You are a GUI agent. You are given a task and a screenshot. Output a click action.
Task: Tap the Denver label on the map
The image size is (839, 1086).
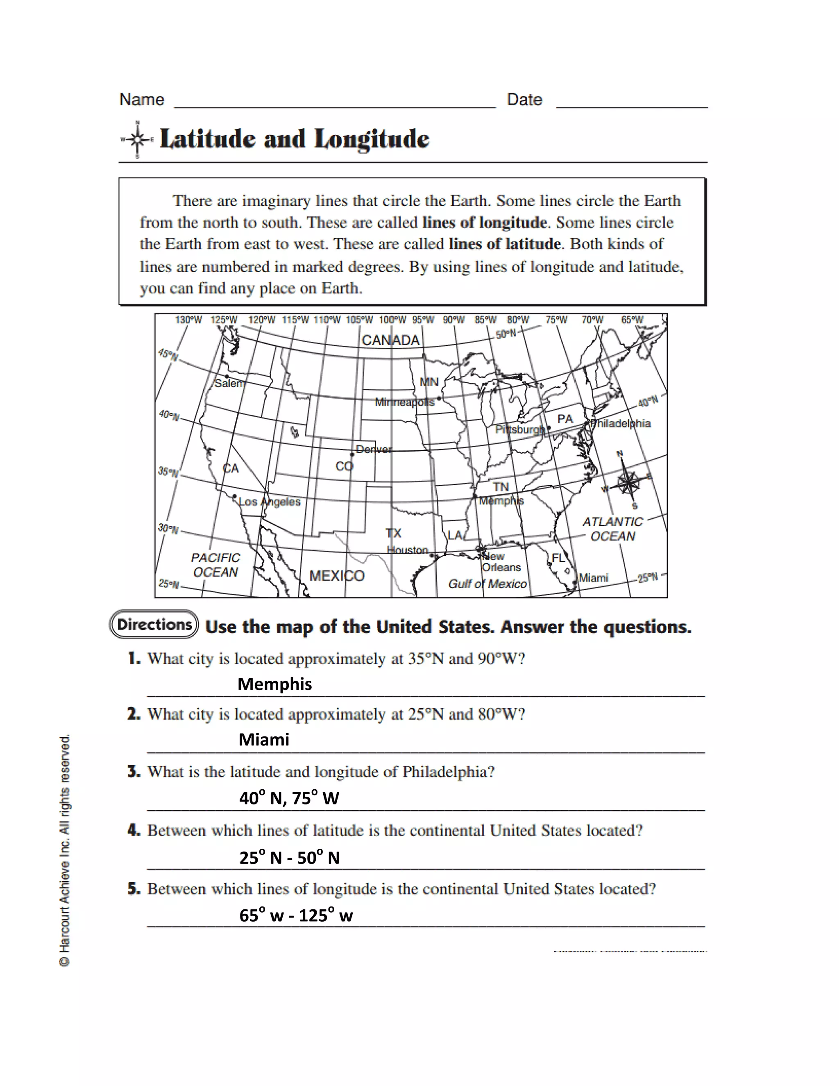pyautogui.click(x=373, y=449)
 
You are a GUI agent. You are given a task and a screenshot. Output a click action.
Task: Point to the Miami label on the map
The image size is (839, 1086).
pyautogui.click(x=594, y=578)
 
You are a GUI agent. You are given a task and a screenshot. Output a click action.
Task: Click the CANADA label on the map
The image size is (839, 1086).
pyautogui.click(x=391, y=340)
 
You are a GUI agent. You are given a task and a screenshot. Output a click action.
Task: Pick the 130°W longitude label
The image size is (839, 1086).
pyautogui.click(x=188, y=320)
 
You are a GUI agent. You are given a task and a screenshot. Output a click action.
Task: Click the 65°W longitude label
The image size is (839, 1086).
pyautogui.click(x=632, y=320)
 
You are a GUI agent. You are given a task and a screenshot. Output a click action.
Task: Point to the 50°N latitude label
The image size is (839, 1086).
pyautogui.click(x=506, y=334)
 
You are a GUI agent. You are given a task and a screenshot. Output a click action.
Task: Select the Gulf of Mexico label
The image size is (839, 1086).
pyautogui.click(x=487, y=584)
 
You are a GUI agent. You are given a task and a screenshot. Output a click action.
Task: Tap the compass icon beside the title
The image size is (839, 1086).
pyautogui.click(x=137, y=140)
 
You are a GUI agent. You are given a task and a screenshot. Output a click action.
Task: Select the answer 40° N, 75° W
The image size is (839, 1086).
pyautogui.click(x=289, y=798)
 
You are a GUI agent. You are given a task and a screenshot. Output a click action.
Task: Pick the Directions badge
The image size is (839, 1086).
pyautogui.click(x=154, y=625)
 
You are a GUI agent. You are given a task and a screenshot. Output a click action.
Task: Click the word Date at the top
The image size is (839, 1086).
pyautogui.click(x=524, y=100)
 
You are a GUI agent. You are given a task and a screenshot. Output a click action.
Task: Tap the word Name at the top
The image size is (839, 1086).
pyautogui.click(x=142, y=100)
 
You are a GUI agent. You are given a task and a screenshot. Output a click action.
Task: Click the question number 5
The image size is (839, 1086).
pyautogui.click(x=132, y=888)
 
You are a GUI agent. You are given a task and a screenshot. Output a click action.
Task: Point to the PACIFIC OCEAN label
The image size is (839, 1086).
pyautogui.click(x=215, y=565)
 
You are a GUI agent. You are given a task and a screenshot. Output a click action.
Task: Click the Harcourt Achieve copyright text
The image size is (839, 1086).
pyautogui.click(x=65, y=850)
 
